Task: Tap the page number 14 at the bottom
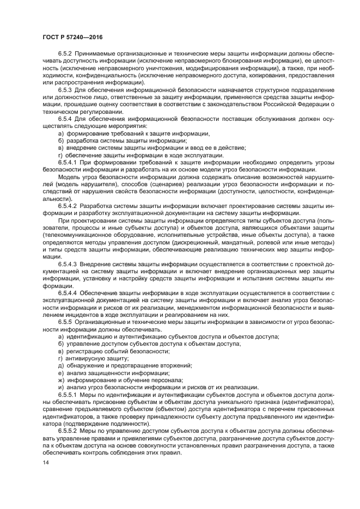pyautogui.click(x=46, y=462)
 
